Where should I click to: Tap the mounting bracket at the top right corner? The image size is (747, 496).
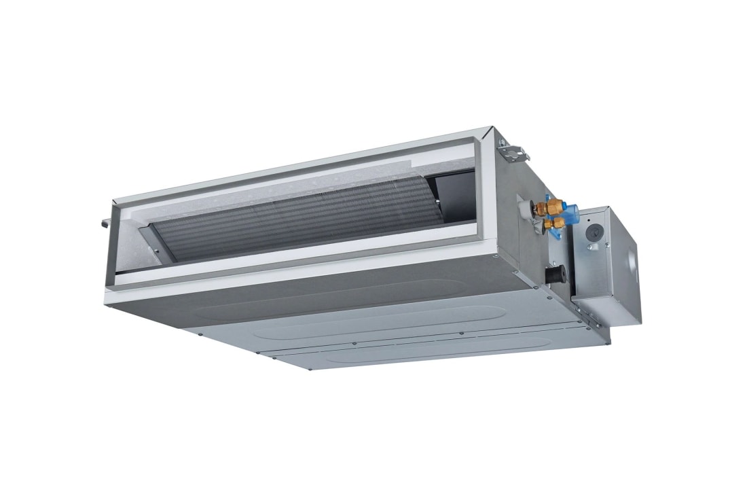513,149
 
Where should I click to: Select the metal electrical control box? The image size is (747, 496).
606,265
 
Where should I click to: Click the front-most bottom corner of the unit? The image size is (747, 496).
310,368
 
